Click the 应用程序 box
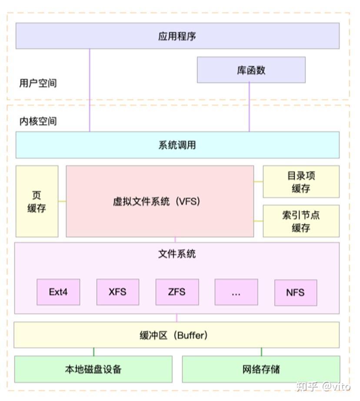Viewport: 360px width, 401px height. pyautogui.click(x=177, y=36)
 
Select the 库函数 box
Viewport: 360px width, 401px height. pyautogui.click(x=251, y=70)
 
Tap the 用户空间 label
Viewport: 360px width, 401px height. pyautogui.click(x=38, y=83)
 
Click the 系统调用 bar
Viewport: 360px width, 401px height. pyautogui.click(x=177, y=145)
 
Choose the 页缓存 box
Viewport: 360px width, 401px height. pyautogui.click(x=37, y=201)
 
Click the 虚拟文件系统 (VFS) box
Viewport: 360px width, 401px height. pyautogui.click(x=160, y=201)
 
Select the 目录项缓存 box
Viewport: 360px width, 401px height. pyautogui.click(x=301, y=182)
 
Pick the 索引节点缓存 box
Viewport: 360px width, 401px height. pyautogui.click(x=301, y=221)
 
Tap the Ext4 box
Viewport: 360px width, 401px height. pyautogui.click(x=58, y=292)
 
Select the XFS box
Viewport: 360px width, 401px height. pyautogui.click(x=117, y=292)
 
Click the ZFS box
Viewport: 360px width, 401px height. pyautogui.click(x=177, y=292)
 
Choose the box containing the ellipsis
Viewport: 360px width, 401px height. pyautogui.click(x=236, y=292)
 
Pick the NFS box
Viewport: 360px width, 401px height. pyautogui.click(x=295, y=292)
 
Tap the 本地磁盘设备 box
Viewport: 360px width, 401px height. pyautogui.click(x=93, y=369)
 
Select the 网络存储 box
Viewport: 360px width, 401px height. pyautogui.click(x=261, y=369)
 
